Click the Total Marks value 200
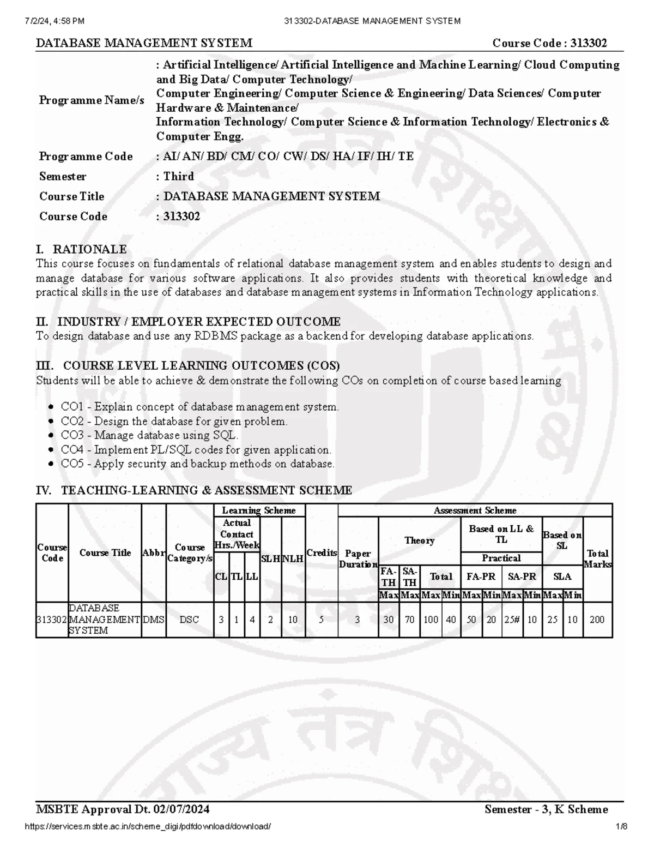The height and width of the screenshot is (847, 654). pos(597,620)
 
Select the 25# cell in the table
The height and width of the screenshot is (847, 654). pos(512,620)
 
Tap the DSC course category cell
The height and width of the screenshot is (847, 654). pos(189,620)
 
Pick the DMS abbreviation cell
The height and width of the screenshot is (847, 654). pos(154,620)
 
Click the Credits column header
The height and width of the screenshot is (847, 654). pos(322,552)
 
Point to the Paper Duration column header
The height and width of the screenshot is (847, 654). pos(358,559)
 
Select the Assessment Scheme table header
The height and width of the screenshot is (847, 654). pos(475,510)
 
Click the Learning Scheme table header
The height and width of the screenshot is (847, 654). pos(258,510)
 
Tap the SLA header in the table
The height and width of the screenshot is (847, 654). pos(562,576)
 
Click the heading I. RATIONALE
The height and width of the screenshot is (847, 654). pos(81,249)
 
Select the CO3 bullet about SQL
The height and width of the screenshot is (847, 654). pos(149,435)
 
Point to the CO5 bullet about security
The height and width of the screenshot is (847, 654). pos(197,464)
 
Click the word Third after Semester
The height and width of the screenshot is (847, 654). pos(179,176)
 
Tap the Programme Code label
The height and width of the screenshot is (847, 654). pos(86,157)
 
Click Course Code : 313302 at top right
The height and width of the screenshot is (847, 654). pos(549,43)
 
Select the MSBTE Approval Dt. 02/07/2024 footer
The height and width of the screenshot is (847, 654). pos(123,809)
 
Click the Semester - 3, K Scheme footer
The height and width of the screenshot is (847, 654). pos(546,809)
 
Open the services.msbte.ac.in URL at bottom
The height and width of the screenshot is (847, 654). pos(148,826)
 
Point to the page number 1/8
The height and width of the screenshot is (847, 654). pos(622,826)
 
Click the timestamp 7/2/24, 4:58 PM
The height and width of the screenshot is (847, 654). pos(55,21)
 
